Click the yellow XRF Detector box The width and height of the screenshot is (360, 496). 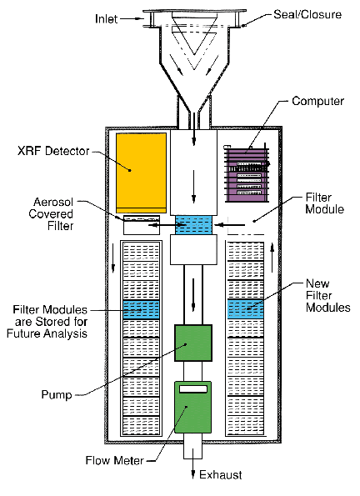coord(141,173)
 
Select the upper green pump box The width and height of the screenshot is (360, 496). coord(193,343)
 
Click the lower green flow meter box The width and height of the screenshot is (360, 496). coord(193,407)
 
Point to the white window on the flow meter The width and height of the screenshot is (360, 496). coord(193,388)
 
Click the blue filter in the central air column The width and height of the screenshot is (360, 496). coord(193,225)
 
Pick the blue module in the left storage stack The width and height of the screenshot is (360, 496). coord(141,309)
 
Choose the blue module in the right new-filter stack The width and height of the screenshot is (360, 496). coord(246,308)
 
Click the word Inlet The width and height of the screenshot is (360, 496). coord(107,19)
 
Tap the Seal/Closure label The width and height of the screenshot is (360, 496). coord(307,14)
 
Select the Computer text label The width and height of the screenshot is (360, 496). coord(318,101)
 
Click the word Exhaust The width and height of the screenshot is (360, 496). coord(221,475)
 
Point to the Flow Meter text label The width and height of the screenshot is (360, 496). coord(114,460)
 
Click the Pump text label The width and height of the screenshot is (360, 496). coord(57,395)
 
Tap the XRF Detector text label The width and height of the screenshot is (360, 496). coord(53,151)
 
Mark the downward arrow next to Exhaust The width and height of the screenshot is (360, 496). coord(192,468)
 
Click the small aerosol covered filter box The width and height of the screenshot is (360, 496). coord(142,225)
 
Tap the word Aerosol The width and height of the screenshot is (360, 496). coord(53,202)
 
